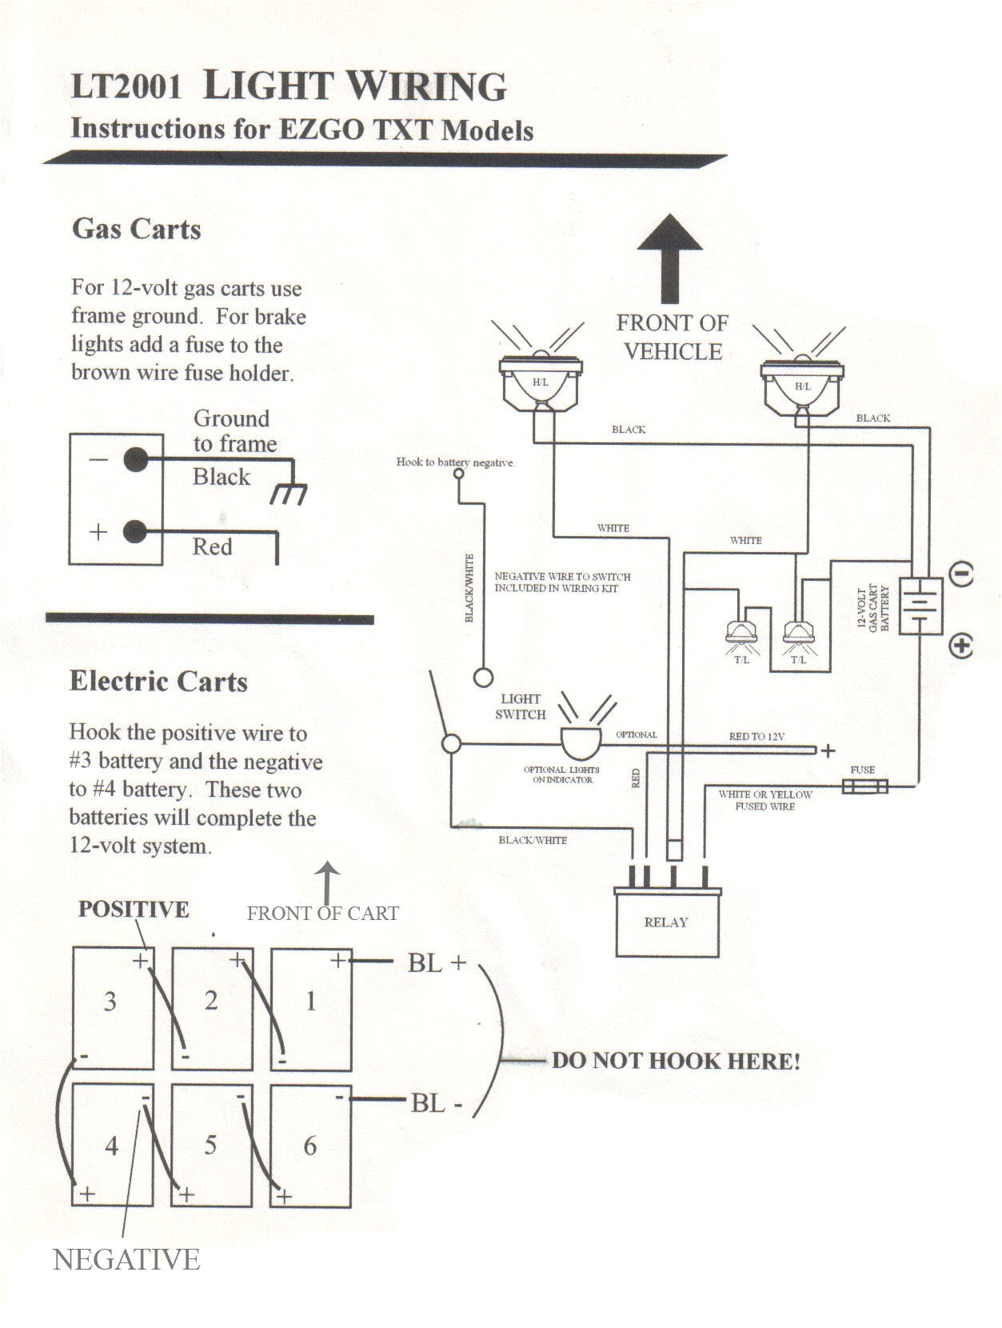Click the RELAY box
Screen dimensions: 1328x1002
click(667, 922)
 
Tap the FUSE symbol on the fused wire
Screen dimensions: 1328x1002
click(865, 787)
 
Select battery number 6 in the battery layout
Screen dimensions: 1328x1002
click(310, 1145)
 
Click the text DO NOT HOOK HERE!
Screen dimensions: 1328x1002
click(676, 1061)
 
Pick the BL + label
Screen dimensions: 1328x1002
click(437, 962)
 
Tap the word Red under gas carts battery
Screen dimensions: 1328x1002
click(213, 547)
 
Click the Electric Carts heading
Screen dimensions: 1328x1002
click(158, 682)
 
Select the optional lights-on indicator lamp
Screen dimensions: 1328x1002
click(581, 741)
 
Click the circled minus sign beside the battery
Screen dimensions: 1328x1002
click(962, 574)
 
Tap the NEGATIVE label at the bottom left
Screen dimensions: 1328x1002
click(126, 1260)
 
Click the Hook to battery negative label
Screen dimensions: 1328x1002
click(455, 462)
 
